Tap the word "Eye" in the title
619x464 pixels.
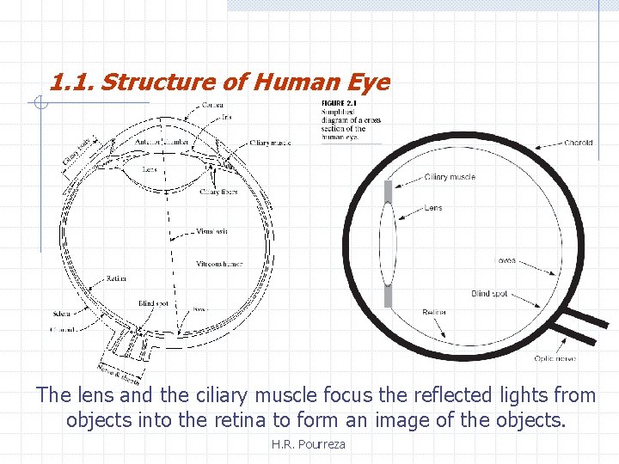click(369, 82)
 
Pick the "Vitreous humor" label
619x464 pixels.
click(219, 264)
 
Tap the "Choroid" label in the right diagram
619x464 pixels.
click(579, 143)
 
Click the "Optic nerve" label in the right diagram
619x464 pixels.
click(555, 358)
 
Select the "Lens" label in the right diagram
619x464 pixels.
click(433, 208)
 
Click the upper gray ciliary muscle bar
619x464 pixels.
click(388, 191)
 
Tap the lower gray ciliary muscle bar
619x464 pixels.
click(388, 296)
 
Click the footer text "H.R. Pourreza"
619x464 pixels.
click(307, 443)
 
